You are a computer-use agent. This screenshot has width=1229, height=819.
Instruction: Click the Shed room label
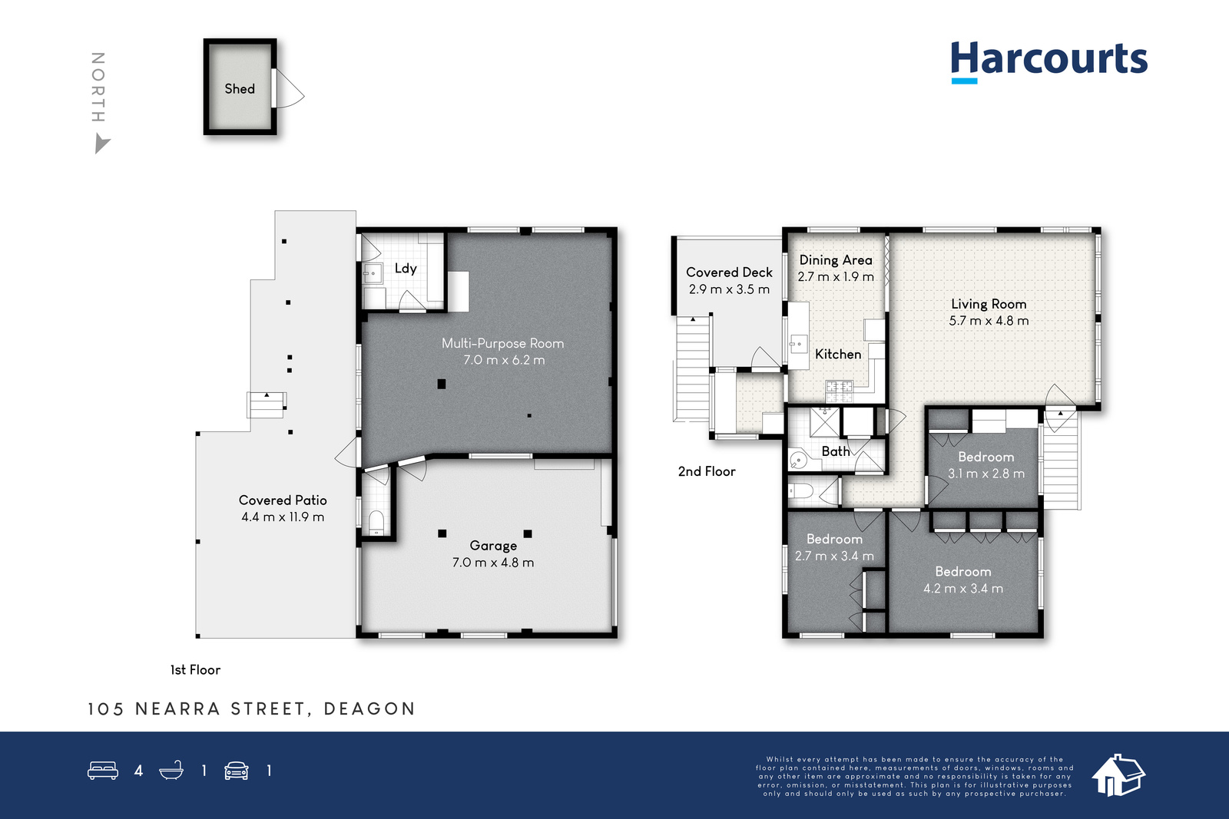pyautogui.click(x=240, y=89)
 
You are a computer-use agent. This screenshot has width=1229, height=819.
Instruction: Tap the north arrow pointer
pyautogui.click(x=101, y=144)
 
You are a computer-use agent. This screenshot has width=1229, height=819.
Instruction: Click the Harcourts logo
pyautogui.click(x=1049, y=61)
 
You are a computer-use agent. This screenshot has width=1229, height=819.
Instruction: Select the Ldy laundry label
pyautogui.click(x=406, y=269)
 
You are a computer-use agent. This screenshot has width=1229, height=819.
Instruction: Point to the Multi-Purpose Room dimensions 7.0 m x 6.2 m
pyautogui.click(x=504, y=360)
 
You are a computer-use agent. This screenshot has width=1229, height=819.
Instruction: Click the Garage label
pyautogui.click(x=493, y=546)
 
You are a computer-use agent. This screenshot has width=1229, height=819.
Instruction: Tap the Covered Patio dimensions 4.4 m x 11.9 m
pyautogui.click(x=283, y=517)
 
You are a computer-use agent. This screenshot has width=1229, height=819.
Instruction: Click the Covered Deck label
pyautogui.click(x=729, y=272)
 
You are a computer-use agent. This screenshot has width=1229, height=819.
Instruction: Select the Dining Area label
pyautogui.click(x=836, y=260)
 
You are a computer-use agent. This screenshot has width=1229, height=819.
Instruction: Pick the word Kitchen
pyautogui.click(x=838, y=355)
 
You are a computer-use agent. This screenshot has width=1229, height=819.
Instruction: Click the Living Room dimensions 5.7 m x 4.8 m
pyautogui.click(x=989, y=321)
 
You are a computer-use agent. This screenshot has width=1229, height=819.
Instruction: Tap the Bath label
pyautogui.click(x=836, y=451)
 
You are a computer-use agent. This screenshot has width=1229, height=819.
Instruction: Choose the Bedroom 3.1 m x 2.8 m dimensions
pyautogui.click(x=986, y=474)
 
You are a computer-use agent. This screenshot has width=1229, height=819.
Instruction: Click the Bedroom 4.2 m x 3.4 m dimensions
pyautogui.click(x=963, y=589)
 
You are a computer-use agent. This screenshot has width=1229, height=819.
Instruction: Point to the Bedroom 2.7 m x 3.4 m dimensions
pyautogui.click(x=834, y=556)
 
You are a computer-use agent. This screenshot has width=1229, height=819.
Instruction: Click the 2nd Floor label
pyautogui.click(x=707, y=471)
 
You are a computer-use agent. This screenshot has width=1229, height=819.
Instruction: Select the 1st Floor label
pyautogui.click(x=195, y=670)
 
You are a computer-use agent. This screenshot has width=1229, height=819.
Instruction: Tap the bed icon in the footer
pyautogui.click(x=103, y=770)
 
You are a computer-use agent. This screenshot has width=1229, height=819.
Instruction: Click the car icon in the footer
pyautogui.click(x=237, y=771)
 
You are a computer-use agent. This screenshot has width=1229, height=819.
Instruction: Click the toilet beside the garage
pyautogui.click(x=376, y=523)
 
